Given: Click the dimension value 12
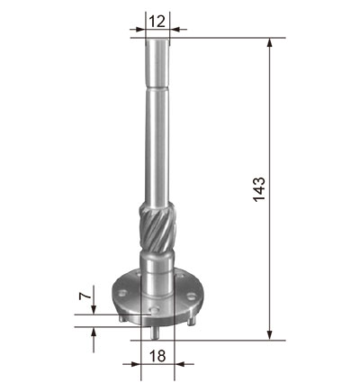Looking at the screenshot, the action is (x=157, y=22).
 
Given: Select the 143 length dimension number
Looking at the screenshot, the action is (x=259, y=189).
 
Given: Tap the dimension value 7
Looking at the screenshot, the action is (x=85, y=296).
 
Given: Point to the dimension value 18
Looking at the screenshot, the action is (x=157, y=356).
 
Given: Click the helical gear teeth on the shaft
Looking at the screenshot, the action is (x=157, y=227).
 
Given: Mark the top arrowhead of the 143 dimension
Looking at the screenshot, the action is (x=270, y=42).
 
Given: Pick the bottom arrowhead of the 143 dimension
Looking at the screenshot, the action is (x=270, y=335).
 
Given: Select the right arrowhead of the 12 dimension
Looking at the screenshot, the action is (x=175, y=30).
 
